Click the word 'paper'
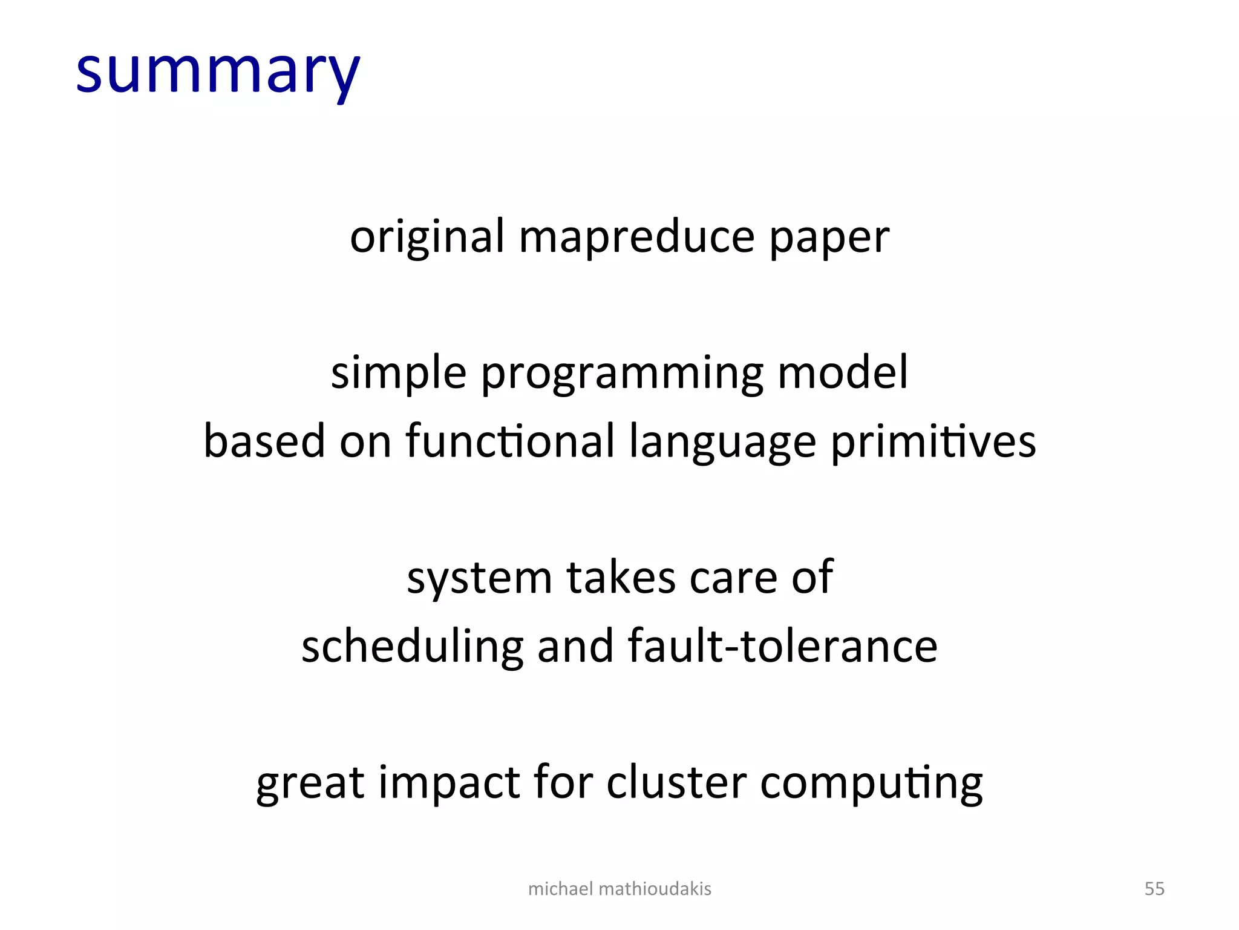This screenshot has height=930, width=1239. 829,238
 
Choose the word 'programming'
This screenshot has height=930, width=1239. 622,374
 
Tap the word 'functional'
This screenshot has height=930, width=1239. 510,441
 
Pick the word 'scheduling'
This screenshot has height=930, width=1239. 412,647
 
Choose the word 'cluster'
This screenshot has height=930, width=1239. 676,782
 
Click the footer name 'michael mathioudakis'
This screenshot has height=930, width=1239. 619,889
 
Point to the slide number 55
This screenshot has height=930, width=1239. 1154,889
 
